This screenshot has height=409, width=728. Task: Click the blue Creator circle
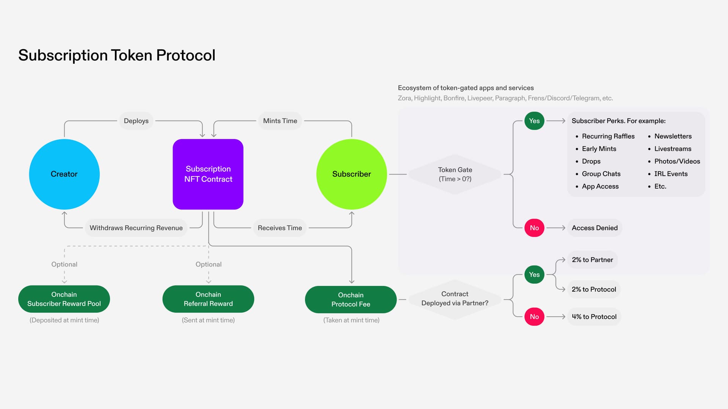tap(64, 174)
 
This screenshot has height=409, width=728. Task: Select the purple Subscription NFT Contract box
tap(208, 174)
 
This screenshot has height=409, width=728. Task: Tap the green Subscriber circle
tap(351, 174)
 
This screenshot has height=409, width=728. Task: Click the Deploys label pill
tap(136, 121)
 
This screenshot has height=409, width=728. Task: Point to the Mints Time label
tap(280, 121)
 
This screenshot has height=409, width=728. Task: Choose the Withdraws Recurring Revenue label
tap(136, 228)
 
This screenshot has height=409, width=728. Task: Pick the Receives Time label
tap(280, 228)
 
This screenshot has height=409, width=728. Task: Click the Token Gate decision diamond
tap(455, 174)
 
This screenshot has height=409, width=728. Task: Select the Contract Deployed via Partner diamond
tap(455, 299)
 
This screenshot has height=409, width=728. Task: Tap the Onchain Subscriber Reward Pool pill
tap(64, 299)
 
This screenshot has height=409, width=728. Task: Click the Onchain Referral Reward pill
tap(208, 299)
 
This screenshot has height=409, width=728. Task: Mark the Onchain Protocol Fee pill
tap(351, 300)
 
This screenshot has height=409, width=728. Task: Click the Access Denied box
tap(595, 228)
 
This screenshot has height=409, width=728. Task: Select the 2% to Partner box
tap(592, 260)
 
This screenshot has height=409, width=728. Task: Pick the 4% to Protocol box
tap(594, 317)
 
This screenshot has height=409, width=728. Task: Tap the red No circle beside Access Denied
tap(534, 228)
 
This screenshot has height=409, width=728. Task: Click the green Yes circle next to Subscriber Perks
tap(534, 121)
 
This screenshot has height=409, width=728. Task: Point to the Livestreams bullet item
tap(673, 149)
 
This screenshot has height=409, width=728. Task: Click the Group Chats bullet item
tap(601, 174)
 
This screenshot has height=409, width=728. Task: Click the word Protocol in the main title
tap(186, 55)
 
